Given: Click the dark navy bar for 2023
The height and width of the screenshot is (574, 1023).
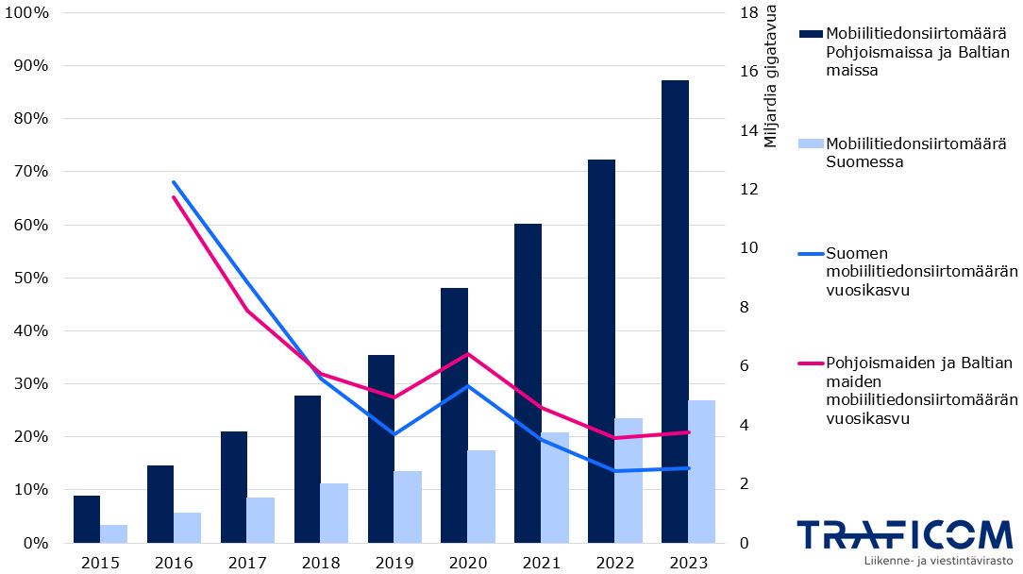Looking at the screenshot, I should [675, 312].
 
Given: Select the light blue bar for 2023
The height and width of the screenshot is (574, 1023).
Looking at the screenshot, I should [701, 471].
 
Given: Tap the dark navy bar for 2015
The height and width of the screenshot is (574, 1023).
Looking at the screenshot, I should [87, 519].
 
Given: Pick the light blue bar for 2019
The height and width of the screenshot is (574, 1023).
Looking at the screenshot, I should [408, 507].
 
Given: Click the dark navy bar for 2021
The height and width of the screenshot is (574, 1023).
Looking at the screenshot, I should [528, 383].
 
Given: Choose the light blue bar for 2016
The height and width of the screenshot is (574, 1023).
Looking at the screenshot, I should [187, 528].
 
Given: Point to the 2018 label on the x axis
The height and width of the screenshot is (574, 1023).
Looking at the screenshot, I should [320, 563].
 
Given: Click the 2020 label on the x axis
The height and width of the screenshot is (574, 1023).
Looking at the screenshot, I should [467, 563].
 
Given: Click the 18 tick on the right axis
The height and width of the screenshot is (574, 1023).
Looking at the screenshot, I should [749, 13].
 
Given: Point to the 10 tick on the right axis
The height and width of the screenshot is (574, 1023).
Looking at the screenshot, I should [749, 248].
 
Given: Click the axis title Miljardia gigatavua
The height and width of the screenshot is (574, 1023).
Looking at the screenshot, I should [771, 76].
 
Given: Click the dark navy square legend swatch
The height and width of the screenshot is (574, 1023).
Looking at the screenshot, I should [811, 34].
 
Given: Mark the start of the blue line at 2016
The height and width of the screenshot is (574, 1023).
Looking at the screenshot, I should [174, 181].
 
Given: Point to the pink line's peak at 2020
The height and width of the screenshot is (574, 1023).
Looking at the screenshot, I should [467, 354].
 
